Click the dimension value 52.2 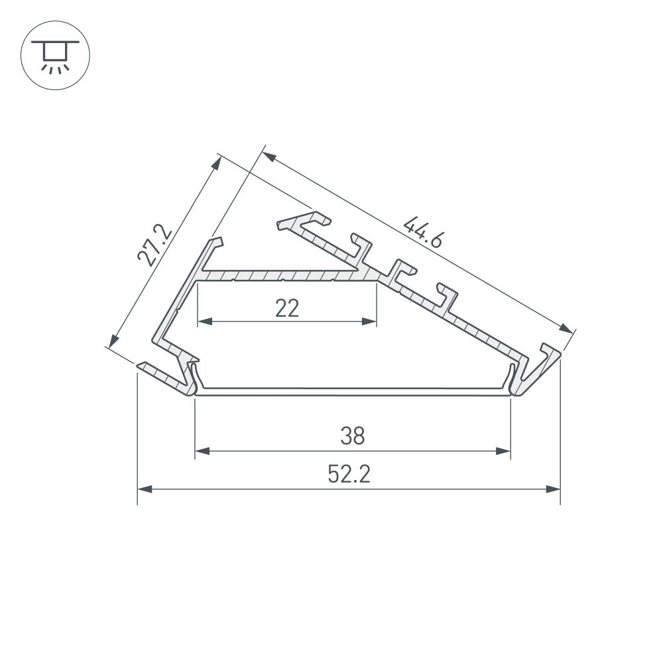[348, 474]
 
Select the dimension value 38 [353, 436]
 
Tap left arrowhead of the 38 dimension [202, 452]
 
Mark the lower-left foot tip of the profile [141, 365]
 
